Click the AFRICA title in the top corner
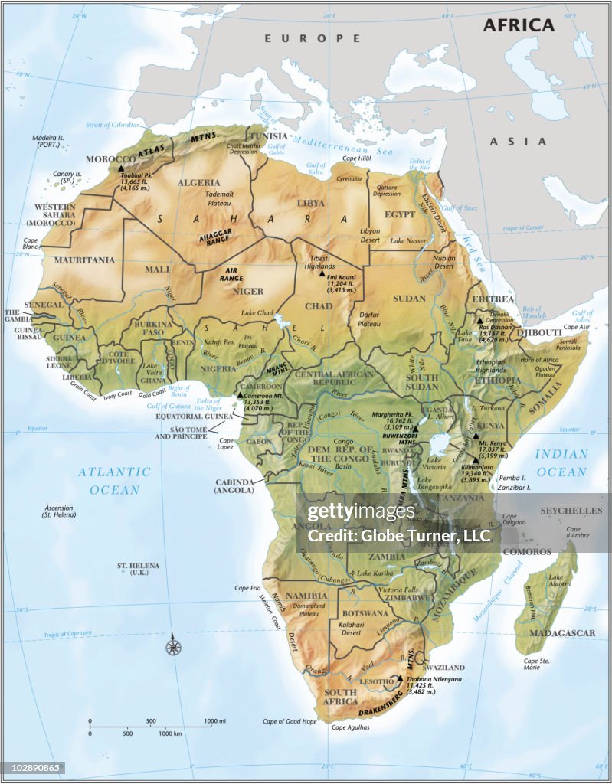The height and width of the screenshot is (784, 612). pos(518,24)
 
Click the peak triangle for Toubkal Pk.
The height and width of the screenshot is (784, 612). pos(122,165)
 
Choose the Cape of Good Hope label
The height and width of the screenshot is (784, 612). pos(289,721)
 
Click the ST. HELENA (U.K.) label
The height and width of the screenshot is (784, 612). pos(138,569)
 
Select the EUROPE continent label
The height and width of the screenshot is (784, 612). pos(312,38)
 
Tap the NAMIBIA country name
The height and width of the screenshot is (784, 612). pos(306,595)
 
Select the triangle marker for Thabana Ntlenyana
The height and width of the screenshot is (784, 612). pos(400,678)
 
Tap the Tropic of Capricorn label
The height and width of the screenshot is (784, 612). pos(67,635)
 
